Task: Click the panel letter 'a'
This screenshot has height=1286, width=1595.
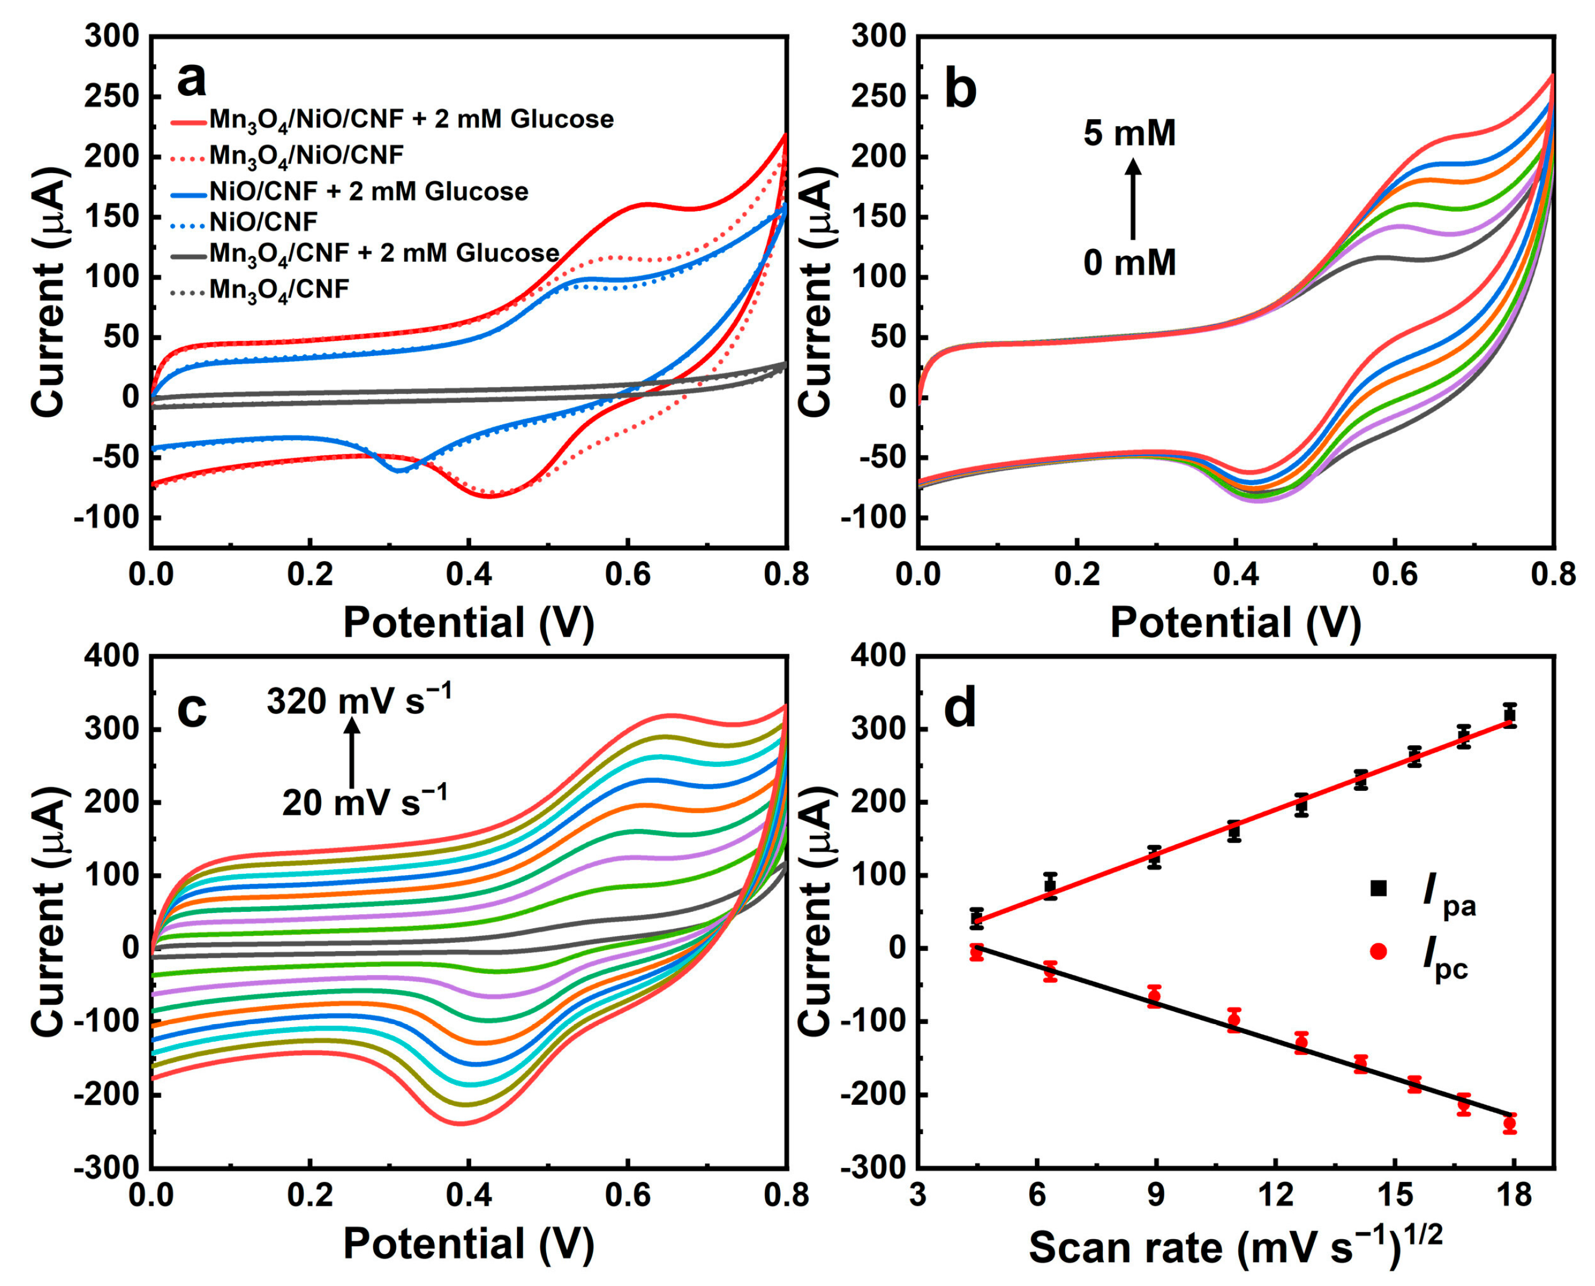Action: pyautogui.click(x=192, y=81)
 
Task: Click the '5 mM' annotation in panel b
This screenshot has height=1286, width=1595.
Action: pyautogui.click(x=1129, y=134)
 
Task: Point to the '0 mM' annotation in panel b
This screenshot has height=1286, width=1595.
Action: pyautogui.click(x=1129, y=263)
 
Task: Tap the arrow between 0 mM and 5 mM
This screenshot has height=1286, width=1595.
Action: pyautogui.click(x=1133, y=199)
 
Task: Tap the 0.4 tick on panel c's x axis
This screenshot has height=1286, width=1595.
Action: pyautogui.click(x=468, y=1195)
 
